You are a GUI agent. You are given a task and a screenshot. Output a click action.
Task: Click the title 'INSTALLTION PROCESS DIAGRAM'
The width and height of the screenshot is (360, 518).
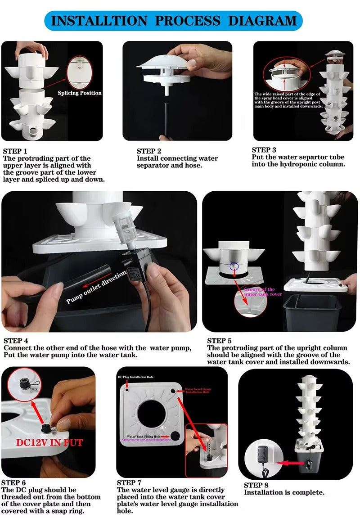pos(174,20)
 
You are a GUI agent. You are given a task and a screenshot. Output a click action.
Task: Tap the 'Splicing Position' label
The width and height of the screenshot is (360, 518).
pos(80,93)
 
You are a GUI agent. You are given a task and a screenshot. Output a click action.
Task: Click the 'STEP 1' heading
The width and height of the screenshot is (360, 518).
pos(15,151)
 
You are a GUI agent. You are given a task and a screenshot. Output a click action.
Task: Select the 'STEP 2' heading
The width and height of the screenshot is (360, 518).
pos(149,151)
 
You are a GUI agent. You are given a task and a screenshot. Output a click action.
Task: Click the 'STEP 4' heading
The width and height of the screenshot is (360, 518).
pos(16,341)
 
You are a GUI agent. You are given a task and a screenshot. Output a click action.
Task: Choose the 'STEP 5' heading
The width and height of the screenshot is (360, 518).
pos(219,341)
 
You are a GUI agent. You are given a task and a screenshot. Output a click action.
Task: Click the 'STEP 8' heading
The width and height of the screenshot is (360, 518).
pos(256,485)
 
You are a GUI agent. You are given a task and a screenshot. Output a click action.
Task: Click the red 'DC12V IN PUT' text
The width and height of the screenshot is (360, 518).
pos(49,443)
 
